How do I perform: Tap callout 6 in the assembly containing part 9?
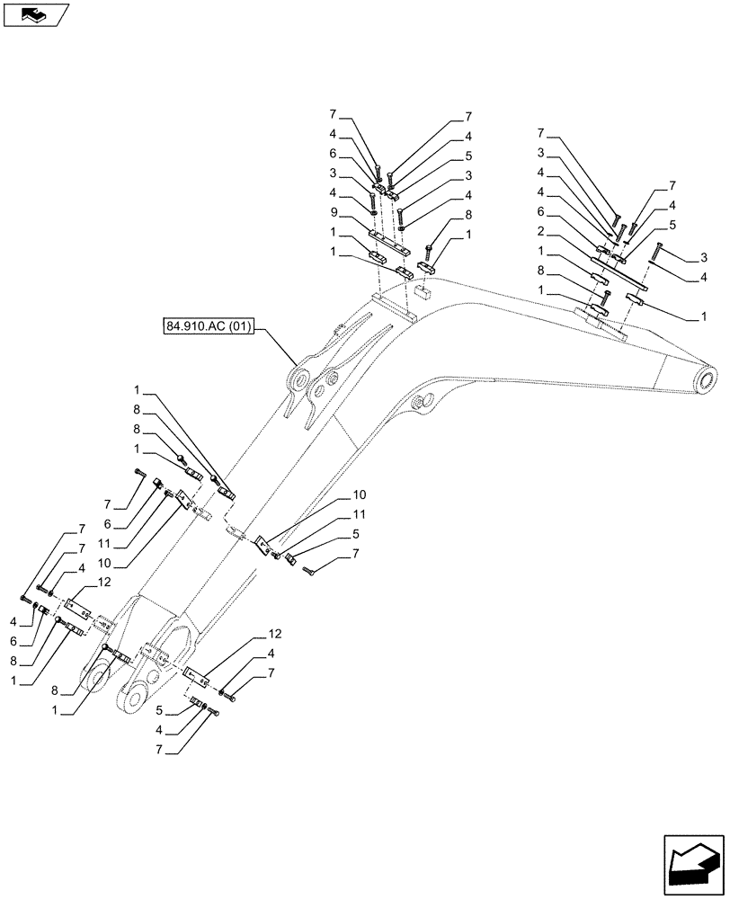pos(333,154)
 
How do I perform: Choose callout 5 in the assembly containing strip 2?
pos(672,223)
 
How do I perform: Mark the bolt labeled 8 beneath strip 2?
pos(608,296)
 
